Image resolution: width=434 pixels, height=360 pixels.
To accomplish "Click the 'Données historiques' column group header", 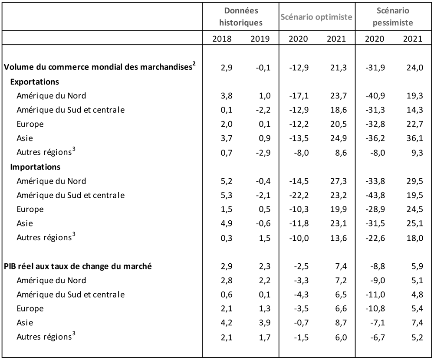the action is [x=241, y=16].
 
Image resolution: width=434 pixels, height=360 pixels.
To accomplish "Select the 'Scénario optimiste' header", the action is [x=316, y=17].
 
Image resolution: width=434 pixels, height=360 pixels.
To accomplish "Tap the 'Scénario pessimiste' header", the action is [x=393, y=16].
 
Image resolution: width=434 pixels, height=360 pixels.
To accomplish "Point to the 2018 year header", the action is [x=222, y=39].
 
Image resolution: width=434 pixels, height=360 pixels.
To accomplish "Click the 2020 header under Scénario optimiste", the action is [x=298, y=39].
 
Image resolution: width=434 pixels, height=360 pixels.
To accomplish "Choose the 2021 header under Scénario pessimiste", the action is [x=413, y=39].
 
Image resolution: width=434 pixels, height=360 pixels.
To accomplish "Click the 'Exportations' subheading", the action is [x=35, y=82].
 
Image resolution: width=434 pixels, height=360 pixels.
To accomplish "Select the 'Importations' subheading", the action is [x=35, y=167].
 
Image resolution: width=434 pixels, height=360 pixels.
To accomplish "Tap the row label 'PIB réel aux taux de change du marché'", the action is [x=78, y=266].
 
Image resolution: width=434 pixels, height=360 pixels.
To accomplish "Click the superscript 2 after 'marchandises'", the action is [x=194, y=64].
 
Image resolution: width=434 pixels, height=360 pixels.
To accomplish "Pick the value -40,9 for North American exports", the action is [x=375, y=96].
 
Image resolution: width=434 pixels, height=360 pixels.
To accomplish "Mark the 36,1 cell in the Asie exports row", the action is [x=414, y=138].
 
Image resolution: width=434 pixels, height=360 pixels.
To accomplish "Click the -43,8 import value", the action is [x=375, y=195].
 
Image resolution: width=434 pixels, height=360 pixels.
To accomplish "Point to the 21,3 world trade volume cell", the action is [x=338, y=68].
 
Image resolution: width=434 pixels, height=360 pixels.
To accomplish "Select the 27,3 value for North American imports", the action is [x=338, y=181].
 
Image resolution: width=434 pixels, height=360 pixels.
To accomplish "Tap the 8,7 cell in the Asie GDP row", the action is [x=341, y=323].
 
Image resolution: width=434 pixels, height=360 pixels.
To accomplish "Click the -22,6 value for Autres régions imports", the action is [x=375, y=238].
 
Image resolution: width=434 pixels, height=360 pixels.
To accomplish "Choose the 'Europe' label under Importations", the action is [x=30, y=209].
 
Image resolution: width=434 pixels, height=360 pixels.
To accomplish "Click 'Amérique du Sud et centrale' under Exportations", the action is [x=71, y=110].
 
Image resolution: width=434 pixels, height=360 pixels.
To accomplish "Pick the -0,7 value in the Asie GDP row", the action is [x=302, y=323].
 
